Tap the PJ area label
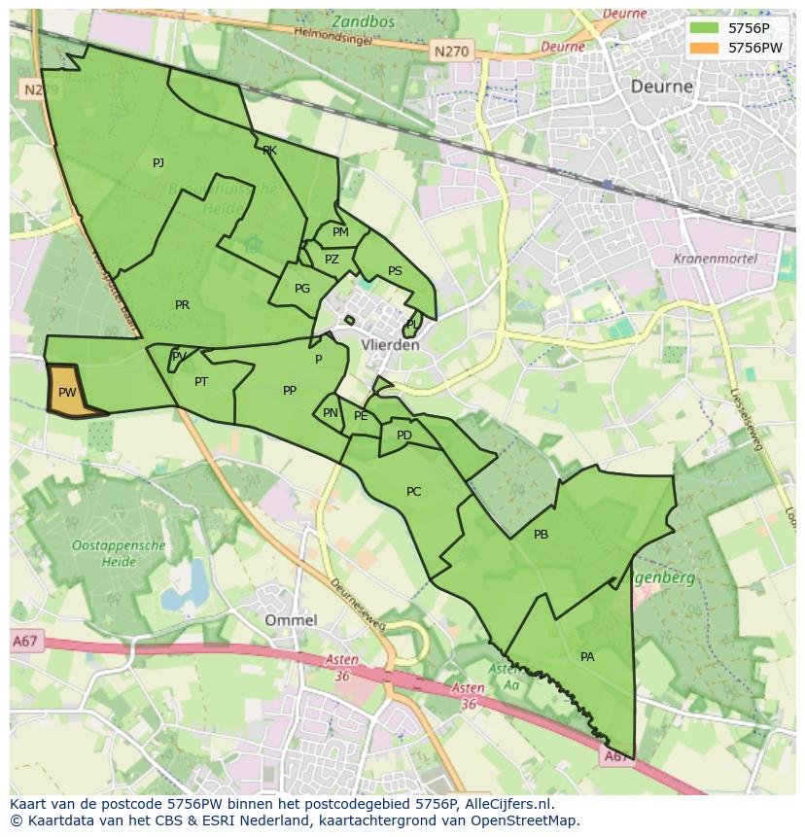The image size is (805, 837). click(x=158, y=162)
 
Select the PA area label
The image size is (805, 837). click(x=587, y=657)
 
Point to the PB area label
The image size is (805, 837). click(x=541, y=535)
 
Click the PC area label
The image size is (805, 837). click(x=413, y=492)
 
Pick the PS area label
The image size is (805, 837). click(x=395, y=271)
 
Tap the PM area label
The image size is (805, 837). click(x=340, y=232)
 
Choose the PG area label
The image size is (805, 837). click(x=302, y=289)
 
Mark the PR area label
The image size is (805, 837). click(x=182, y=305)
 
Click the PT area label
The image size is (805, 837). click(x=201, y=382)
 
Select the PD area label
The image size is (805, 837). click(x=404, y=436)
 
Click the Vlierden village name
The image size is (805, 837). click(x=390, y=345)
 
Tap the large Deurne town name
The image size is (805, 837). click(x=662, y=86)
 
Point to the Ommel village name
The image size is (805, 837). click(x=291, y=620)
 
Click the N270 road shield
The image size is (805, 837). click(x=451, y=51)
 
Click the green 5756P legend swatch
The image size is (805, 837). click(x=704, y=28)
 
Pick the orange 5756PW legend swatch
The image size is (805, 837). click(x=704, y=47)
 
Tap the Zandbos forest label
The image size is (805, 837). click(x=362, y=21)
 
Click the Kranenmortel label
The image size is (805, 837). click(x=715, y=260)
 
